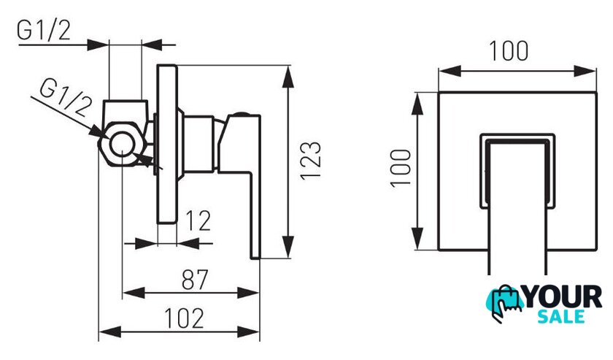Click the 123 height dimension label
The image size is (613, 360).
point(311,161)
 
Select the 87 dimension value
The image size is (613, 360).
point(195,280)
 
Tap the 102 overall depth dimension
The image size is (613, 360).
point(184,318)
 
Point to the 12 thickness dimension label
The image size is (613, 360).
point(198,221)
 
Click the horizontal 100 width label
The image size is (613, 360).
point(509,51)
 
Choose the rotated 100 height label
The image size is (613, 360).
point(401,168)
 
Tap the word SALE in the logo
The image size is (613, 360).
point(561,316)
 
